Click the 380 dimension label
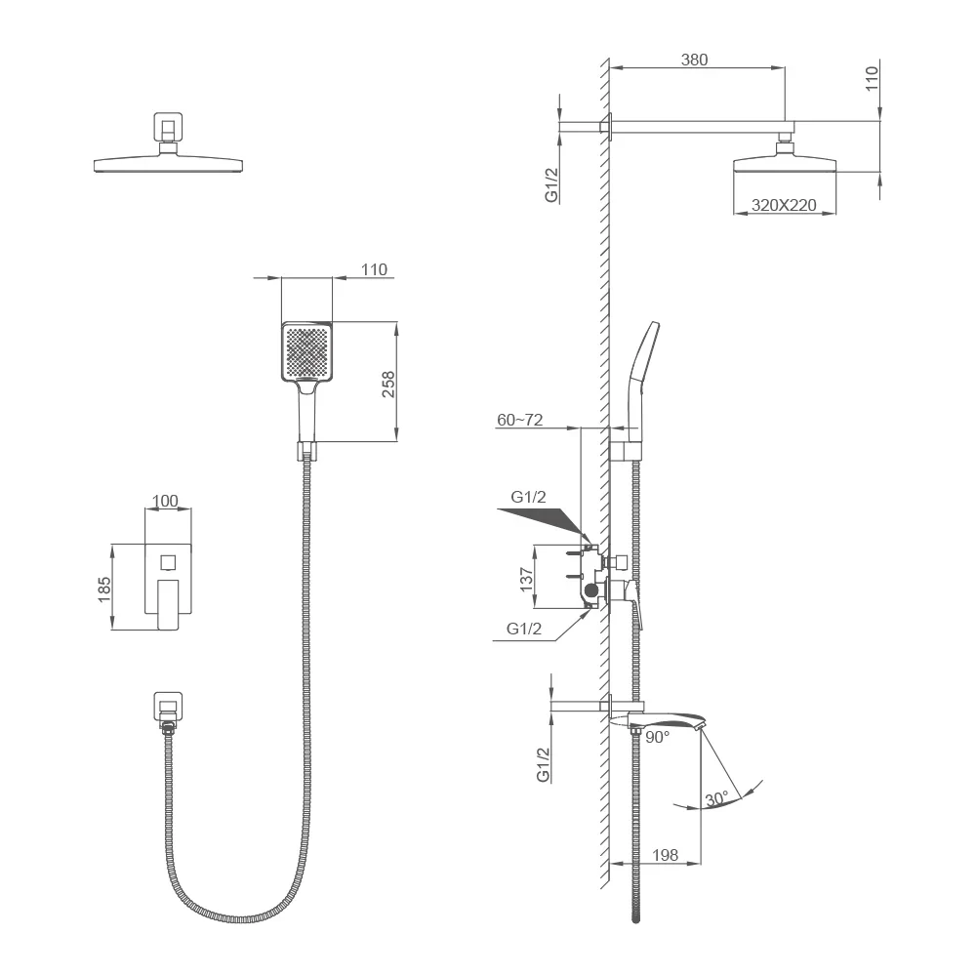(694, 60)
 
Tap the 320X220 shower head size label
(784, 205)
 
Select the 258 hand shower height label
(388, 384)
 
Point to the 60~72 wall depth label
(520, 420)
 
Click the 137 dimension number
(527, 580)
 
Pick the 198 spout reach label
(665, 855)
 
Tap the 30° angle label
(716, 798)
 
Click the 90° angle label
(657, 737)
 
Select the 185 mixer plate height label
(104, 589)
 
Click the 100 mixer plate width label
(165, 501)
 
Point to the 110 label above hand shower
(374, 269)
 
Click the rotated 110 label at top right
(872, 78)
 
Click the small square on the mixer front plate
(168, 562)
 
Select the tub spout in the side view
(660, 721)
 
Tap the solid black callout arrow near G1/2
(542, 521)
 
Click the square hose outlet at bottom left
(168, 706)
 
